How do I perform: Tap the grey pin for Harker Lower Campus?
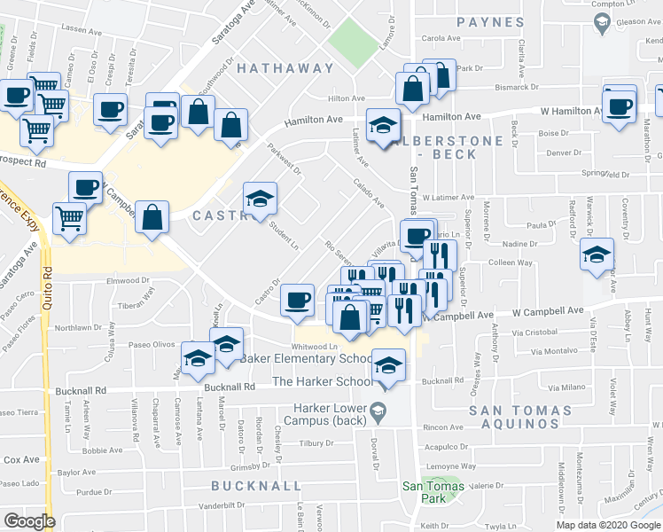pos(378,409)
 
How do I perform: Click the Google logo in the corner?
pos(29,520)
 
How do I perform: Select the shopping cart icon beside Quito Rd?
pos(68,217)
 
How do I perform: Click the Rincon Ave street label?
pos(444,427)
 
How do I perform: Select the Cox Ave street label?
pos(21,459)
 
